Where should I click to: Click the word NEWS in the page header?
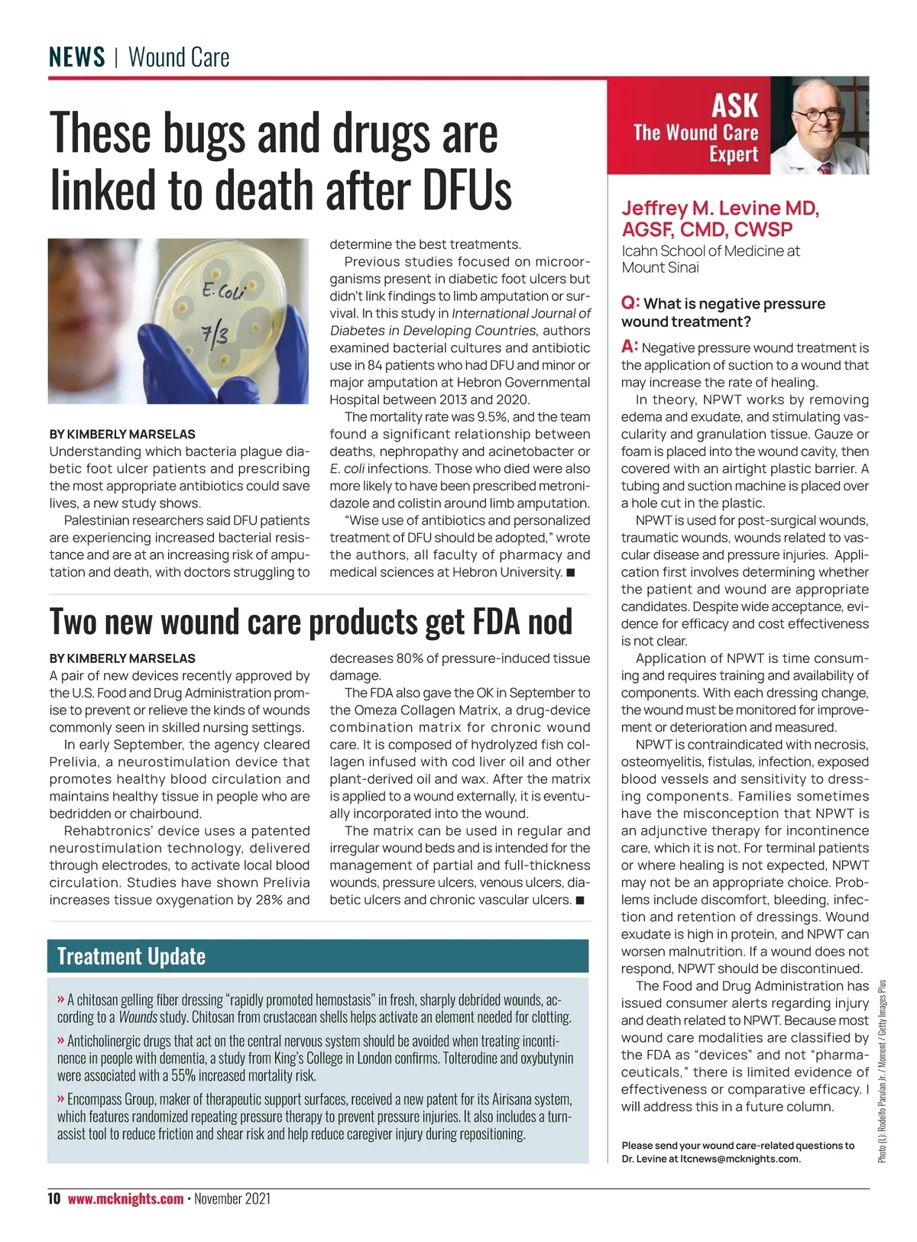(76, 57)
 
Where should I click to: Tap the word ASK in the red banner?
(734, 105)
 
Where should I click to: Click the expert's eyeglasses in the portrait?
(817, 115)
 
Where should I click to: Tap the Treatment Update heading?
(131, 956)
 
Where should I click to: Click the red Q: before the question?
(630, 302)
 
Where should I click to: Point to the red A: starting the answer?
(630, 347)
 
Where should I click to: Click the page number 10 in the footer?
(54, 1198)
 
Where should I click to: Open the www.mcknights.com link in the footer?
(125, 1198)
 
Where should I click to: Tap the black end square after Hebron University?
(570, 573)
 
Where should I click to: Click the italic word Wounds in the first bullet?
(138, 1017)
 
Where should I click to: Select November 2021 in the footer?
(232, 1198)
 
